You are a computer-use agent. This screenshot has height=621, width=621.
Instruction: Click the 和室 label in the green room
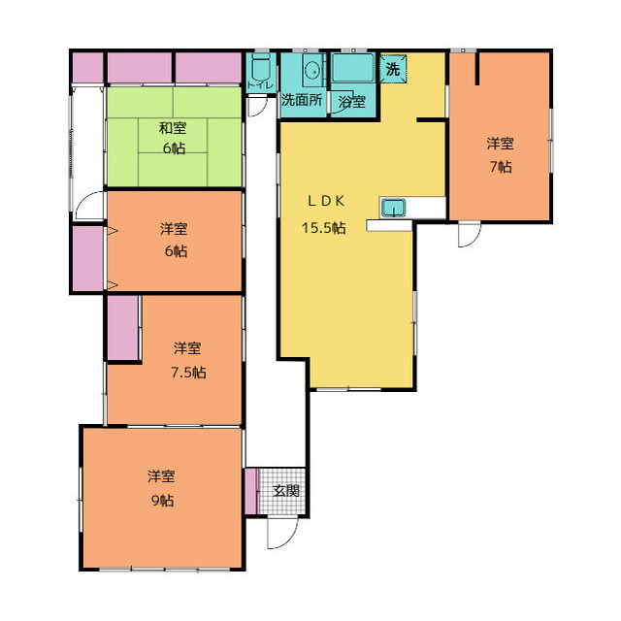pyautogui.click(x=173, y=128)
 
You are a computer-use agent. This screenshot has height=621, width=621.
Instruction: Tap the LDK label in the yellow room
pyautogui.click(x=326, y=201)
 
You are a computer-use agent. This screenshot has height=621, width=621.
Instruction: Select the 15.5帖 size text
pyautogui.click(x=323, y=228)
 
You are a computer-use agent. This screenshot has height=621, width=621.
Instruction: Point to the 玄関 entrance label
pyautogui.click(x=286, y=491)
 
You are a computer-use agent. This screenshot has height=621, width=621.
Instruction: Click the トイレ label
pyautogui.click(x=260, y=85)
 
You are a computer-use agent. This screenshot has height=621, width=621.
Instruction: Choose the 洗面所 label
pyautogui.click(x=302, y=100)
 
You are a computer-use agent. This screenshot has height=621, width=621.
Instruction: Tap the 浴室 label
pyautogui.click(x=351, y=102)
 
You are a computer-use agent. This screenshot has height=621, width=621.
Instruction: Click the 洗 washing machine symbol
pyautogui.click(x=392, y=69)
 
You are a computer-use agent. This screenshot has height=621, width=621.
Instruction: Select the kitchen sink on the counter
pyautogui.click(x=393, y=208)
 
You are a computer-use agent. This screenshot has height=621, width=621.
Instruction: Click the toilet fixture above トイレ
pyautogui.click(x=260, y=67)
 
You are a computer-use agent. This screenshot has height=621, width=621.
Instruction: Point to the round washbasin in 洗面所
pyautogui.click(x=313, y=72)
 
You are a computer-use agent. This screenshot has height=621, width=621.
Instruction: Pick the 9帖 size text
pyautogui.click(x=162, y=501)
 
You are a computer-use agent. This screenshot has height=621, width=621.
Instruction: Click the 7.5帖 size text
pyautogui.click(x=188, y=373)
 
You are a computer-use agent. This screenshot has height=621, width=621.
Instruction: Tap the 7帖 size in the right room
pyautogui.click(x=501, y=167)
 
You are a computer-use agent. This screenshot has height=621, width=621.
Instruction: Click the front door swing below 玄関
pyautogui.click(x=282, y=533)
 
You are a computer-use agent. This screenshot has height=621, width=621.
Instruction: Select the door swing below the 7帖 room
pyautogui.click(x=470, y=235)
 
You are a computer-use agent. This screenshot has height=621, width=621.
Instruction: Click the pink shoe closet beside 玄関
pyautogui.click(x=250, y=491)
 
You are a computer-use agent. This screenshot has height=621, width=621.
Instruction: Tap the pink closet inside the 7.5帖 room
pyautogui.click(x=123, y=328)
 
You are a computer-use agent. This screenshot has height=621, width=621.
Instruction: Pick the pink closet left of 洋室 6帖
pyautogui.click(x=87, y=259)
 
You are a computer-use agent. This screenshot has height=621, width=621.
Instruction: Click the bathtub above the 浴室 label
pyautogui.click(x=353, y=68)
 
